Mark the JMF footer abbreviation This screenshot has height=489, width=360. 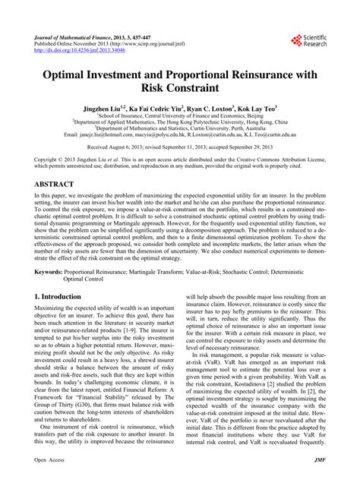(x=320, y=481)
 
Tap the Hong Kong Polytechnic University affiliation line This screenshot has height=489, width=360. (x=180, y=119)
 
